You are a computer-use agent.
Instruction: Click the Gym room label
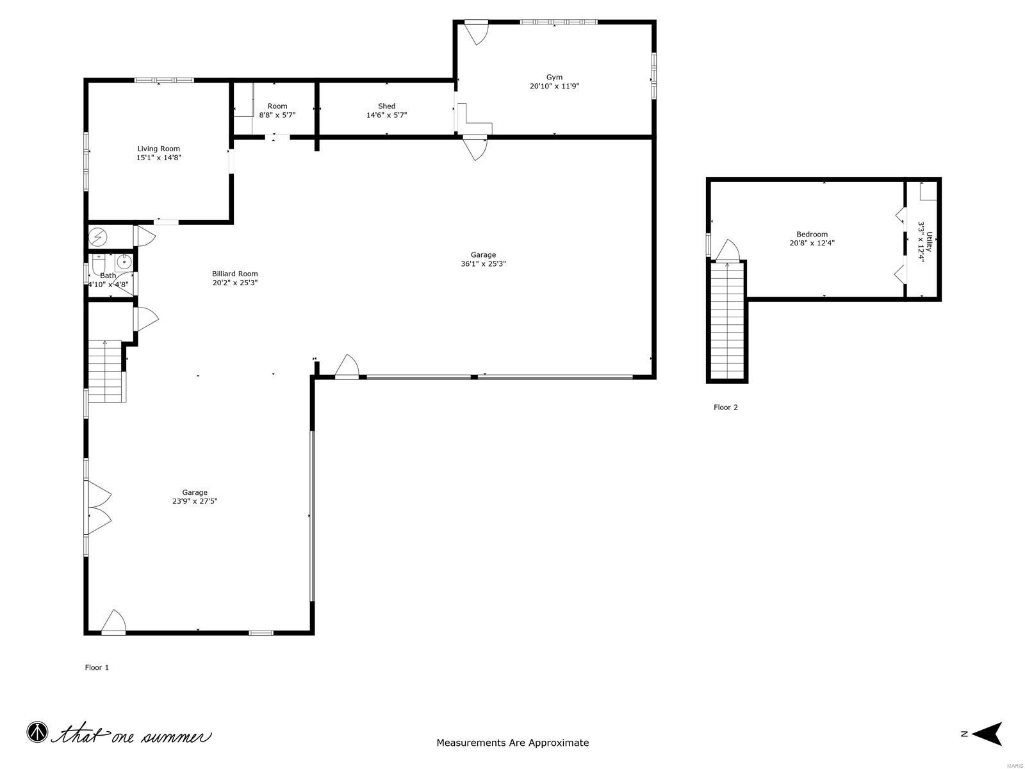click(554, 77)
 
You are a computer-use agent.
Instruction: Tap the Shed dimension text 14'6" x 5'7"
click(386, 115)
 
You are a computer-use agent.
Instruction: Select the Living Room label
click(159, 149)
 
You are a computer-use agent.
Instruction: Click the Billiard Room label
click(235, 274)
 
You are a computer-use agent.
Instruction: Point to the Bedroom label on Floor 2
click(812, 234)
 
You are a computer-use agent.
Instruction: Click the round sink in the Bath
click(124, 261)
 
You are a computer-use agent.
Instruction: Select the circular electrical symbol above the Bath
click(98, 237)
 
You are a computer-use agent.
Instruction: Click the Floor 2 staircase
click(727, 320)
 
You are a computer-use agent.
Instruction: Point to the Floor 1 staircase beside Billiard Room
click(105, 372)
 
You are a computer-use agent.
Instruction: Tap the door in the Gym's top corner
click(477, 32)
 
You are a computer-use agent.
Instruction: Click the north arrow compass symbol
click(990, 734)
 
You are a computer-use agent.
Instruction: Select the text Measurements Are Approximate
click(512, 743)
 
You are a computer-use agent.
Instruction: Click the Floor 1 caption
click(97, 667)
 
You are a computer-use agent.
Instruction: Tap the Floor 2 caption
click(726, 407)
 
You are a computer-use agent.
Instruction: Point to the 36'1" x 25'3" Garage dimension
click(484, 263)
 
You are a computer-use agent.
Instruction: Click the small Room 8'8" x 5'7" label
click(277, 110)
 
